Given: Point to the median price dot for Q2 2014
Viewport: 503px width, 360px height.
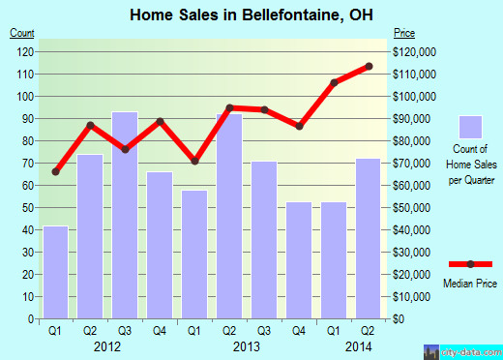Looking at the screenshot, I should coord(369,66).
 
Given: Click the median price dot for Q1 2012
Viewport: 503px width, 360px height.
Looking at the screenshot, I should coord(55,172).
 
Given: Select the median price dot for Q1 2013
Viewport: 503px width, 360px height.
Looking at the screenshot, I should coord(194,162).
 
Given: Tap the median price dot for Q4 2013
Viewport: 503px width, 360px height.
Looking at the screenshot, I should coord(299,126).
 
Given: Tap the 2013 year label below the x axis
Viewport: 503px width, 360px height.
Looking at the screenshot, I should coord(248,345).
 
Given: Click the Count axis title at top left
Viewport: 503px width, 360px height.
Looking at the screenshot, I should coord(23,33).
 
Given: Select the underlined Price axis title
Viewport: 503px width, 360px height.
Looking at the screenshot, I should coord(404,33).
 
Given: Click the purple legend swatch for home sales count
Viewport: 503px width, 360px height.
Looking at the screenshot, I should coord(470,128).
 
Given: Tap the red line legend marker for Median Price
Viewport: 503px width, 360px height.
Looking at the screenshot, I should coord(470,263).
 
